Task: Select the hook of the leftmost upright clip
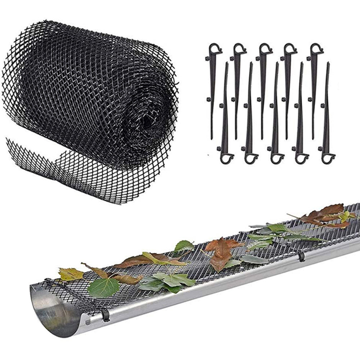coord(214,49)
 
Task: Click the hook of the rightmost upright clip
coord(316,49)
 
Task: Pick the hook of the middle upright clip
coord(265,49)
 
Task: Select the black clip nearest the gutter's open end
coord(105,315)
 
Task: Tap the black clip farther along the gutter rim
coord(301,256)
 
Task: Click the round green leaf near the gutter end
coord(103,288)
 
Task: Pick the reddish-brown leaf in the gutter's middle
coord(221,254)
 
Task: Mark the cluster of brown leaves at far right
coord(326,215)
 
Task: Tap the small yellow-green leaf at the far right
coord(345,216)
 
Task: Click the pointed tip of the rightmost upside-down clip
coord(328,64)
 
